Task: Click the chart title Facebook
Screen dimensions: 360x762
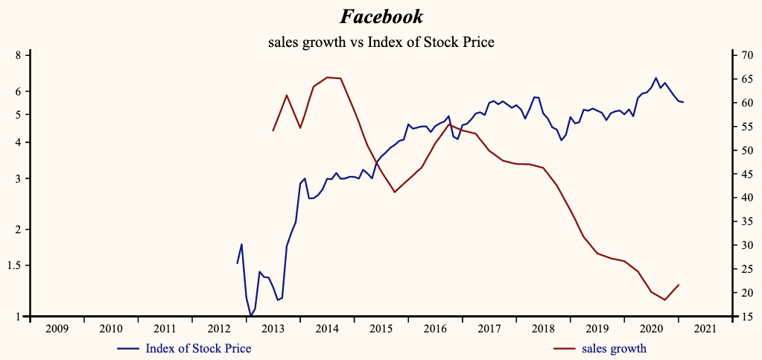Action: pos(381,16)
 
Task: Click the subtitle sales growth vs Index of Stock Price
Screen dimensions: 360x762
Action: pos(381,42)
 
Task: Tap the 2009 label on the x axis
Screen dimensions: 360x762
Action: pos(57,329)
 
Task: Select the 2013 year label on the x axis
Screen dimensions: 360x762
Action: pos(273,329)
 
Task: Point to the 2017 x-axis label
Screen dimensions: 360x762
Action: pos(489,329)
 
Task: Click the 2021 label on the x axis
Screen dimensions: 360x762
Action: pos(705,329)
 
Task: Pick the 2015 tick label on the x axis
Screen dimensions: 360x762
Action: pos(381,329)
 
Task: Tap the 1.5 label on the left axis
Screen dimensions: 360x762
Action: pos(16,265)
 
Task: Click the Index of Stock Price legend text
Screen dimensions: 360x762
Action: pos(198,348)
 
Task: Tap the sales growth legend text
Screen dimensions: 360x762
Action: pos(614,348)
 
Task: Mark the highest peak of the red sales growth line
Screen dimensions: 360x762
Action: pos(328,77)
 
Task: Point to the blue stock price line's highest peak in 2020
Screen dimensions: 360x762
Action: pos(655,78)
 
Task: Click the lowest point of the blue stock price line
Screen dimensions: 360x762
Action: pos(251,316)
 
